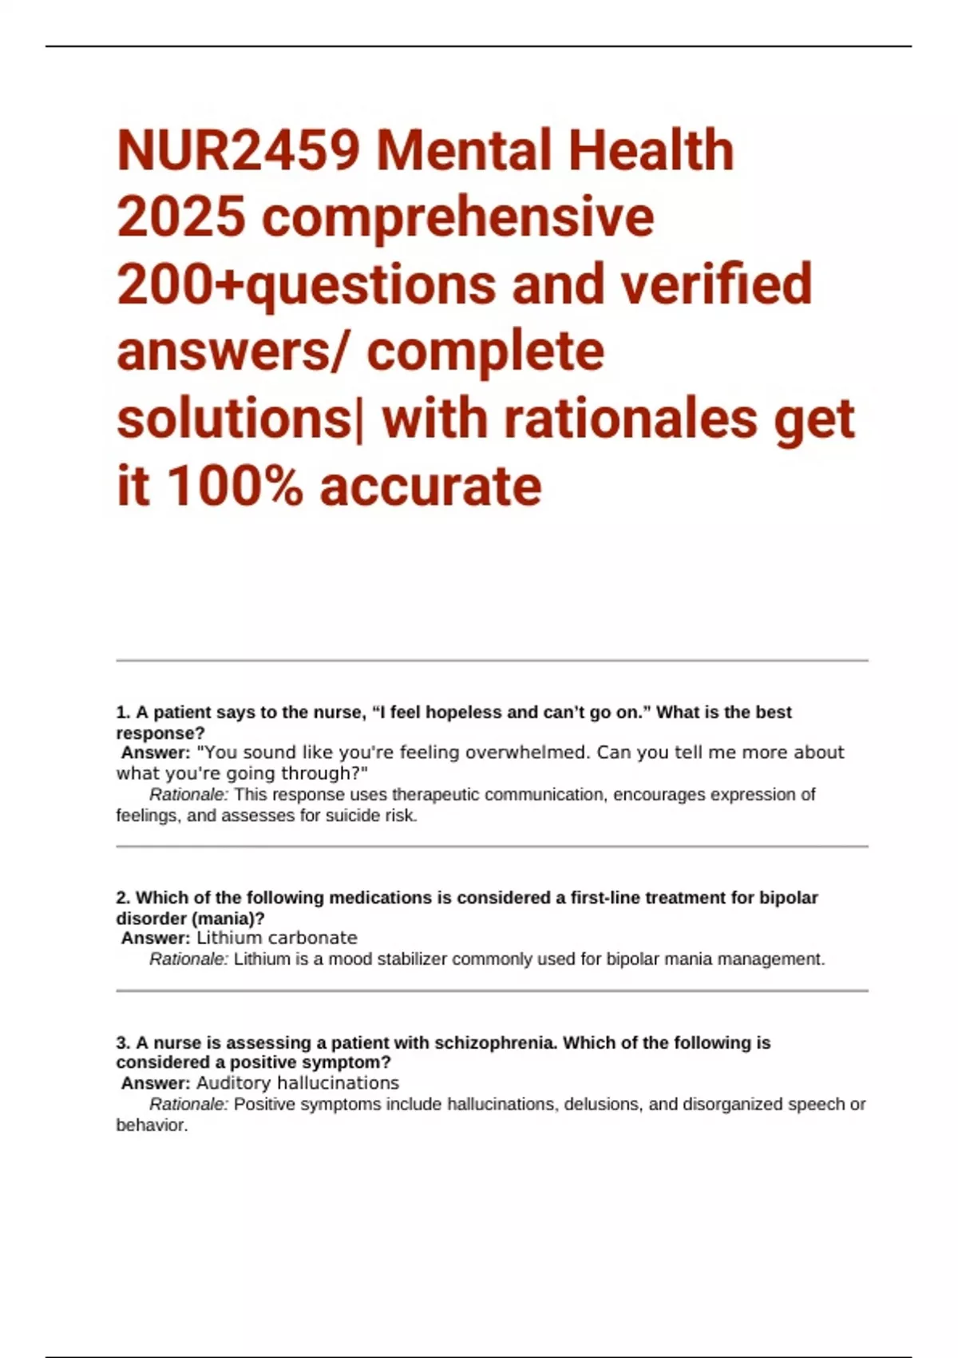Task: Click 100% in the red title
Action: point(235,486)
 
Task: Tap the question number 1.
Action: point(122,713)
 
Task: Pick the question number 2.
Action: point(123,898)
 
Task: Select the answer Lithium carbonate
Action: point(277,938)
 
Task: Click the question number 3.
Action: point(123,1043)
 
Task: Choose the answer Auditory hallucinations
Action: point(298,1083)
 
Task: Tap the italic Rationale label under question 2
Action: point(188,959)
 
